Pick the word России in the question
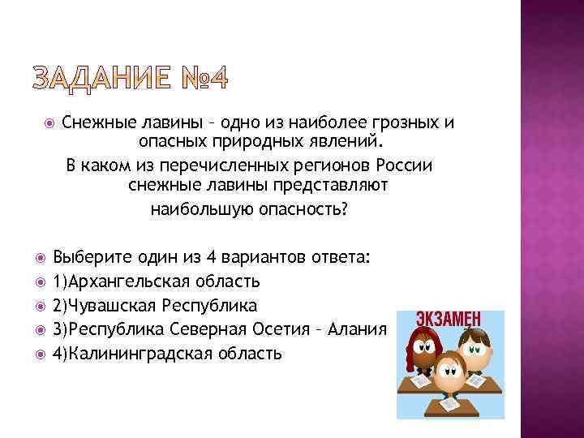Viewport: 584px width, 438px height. coord(406,165)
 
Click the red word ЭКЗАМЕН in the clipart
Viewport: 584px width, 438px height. coord(449,317)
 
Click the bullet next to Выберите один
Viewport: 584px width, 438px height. coord(43,258)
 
